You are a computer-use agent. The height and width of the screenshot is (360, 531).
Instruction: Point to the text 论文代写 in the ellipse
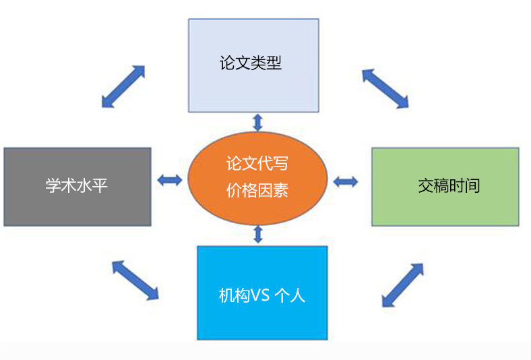pyautogui.click(x=257, y=164)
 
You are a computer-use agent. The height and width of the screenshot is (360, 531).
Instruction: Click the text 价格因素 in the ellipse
pyautogui.click(x=257, y=190)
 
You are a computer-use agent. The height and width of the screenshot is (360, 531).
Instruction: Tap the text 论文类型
pyautogui.click(x=251, y=64)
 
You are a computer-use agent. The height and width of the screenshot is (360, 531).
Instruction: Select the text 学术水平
pyautogui.click(x=77, y=186)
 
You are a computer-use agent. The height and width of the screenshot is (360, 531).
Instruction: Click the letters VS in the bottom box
pyautogui.click(x=261, y=295)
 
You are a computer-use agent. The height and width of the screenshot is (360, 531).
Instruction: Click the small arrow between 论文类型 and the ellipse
pyautogui.click(x=257, y=122)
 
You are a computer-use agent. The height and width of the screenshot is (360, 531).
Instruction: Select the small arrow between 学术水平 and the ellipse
pyautogui.click(x=169, y=180)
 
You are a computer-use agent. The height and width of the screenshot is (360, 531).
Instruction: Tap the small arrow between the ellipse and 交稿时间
pyautogui.click(x=346, y=180)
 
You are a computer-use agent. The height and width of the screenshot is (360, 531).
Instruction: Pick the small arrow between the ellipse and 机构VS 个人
pyautogui.click(x=257, y=235)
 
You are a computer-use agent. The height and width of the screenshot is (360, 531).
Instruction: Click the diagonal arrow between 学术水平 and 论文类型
pyautogui.click(x=123, y=86)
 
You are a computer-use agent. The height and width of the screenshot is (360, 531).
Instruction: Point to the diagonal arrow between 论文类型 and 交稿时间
pyautogui.click(x=385, y=87)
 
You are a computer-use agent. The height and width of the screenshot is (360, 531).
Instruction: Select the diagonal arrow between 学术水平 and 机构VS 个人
pyautogui.click(x=135, y=280)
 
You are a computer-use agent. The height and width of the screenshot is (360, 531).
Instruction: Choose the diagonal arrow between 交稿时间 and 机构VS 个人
pyautogui.click(x=403, y=284)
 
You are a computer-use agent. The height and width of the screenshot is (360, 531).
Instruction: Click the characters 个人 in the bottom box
pyautogui.click(x=290, y=295)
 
